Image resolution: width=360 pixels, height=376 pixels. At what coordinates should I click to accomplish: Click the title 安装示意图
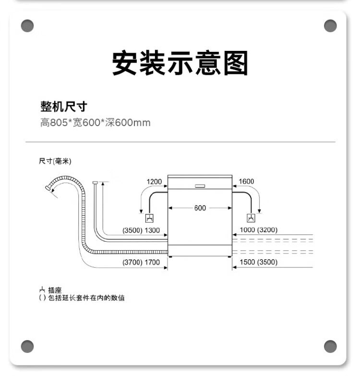(180, 63)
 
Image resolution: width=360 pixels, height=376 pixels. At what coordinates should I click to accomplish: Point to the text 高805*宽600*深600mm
(95, 123)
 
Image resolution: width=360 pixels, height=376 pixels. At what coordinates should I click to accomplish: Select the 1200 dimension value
(154, 182)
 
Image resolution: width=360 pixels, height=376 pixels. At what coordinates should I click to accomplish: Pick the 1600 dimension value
(246, 182)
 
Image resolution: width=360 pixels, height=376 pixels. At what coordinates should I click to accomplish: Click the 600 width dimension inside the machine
(200, 208)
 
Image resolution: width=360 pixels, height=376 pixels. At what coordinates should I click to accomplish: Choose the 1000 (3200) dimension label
(258, 230)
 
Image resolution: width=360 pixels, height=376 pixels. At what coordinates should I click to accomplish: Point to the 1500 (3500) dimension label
(258, 262)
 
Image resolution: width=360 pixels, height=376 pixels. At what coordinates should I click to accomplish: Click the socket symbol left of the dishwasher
(150, 219)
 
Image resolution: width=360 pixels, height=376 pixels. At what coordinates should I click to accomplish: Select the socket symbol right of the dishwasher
(251, 219)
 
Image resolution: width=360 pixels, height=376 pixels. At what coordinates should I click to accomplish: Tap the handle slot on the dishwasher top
(200, 185)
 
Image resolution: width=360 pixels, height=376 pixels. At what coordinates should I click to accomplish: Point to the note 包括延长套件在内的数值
(86, 298)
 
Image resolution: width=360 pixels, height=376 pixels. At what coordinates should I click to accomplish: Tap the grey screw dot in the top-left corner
(28, 26)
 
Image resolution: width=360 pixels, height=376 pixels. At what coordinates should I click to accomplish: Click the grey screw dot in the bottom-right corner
(330, 346)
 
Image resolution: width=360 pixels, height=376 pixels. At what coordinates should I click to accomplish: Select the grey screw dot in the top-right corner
(330, 26)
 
